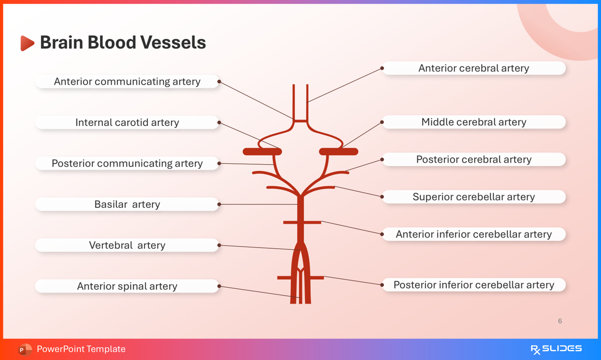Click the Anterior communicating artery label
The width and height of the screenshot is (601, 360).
click(127, 81)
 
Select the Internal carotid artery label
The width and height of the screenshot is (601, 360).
click(127, 123)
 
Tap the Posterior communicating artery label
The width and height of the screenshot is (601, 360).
click(127, 163)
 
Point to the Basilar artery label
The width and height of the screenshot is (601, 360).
click(127, 204)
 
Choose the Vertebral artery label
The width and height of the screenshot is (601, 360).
click(127, 245)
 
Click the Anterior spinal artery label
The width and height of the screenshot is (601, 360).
click(127, 286)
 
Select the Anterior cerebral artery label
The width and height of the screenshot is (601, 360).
click(474, 68)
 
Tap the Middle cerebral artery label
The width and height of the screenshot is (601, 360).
click(474, 122)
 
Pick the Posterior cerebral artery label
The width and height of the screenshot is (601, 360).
click(474, 160)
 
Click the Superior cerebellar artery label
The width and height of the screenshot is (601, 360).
click(474, 197)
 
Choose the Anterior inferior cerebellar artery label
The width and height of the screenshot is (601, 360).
click(474, 234)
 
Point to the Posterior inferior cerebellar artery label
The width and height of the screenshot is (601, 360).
click(474, 285)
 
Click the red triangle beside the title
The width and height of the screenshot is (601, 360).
click(27, 43)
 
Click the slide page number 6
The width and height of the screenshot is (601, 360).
click(560, 321)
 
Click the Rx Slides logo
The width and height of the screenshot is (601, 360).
click(556, 349)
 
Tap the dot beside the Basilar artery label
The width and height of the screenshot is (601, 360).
click(219, 204)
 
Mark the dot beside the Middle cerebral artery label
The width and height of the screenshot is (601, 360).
click(382, 122)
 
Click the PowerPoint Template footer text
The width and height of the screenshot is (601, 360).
click(81, 349)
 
